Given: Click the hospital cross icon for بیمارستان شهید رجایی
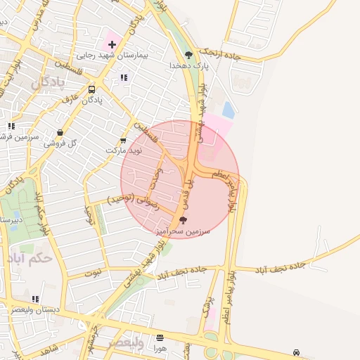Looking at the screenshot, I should click(112, 44).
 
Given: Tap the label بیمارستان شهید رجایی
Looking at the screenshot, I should click(105, 56).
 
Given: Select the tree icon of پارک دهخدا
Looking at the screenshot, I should click(188, 55).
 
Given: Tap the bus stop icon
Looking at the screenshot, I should click(92, 89).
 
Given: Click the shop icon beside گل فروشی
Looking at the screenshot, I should click(60, 132).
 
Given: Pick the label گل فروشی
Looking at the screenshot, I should click(59, 143).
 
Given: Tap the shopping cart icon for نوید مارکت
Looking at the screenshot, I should click(124, 140).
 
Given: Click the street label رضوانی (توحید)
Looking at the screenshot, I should click(133, 203).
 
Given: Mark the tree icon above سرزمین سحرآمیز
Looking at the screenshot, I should click(184, 219).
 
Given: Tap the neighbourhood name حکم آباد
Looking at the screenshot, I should click(32, 257).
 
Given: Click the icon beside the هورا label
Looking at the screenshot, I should click(160, 337).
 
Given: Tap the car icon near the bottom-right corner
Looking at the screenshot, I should click(297, 353).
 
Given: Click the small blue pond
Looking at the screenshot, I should click(229, 110).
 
